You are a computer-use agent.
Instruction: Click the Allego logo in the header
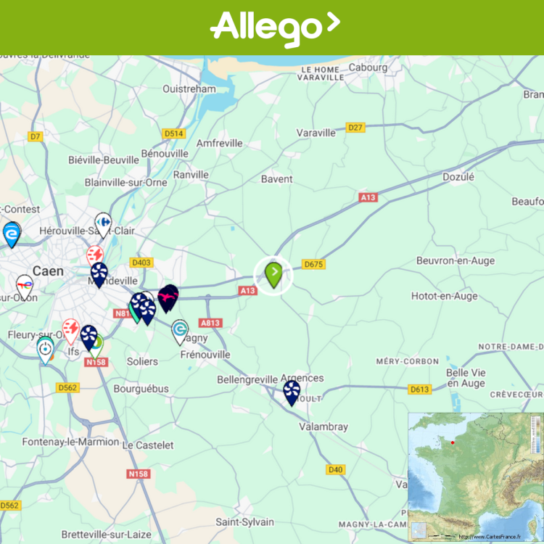pos(274,28)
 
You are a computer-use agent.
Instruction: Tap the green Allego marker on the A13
pos(273,275)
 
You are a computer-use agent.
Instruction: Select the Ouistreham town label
pos(189,88)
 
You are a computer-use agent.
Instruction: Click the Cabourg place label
pos(368,67)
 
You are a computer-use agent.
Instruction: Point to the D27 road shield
pos(355,128)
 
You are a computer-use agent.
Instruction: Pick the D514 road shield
pos(174,133)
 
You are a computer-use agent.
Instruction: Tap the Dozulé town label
pos(458,176)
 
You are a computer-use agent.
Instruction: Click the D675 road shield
pos(313,264)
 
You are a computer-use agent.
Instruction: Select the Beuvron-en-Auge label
pos(456,260)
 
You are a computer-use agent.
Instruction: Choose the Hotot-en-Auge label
pos(445,296)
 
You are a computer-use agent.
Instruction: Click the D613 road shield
pos(419,390)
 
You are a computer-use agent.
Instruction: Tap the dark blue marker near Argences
pos(292,392)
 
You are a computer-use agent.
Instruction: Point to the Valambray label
pos(323,427)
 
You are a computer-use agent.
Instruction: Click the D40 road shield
pos(335,469)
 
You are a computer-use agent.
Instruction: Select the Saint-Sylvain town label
pos(245,522)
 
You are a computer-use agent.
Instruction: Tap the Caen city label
pos(49,271)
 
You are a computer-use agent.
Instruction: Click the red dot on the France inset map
pos(452,442)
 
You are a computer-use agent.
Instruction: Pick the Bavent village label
pos(277,178)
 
